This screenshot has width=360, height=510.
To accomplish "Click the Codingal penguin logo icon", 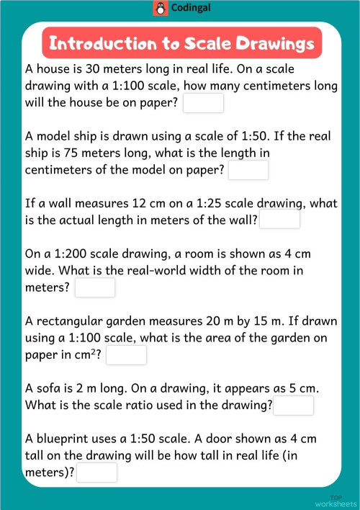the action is coord(160,9).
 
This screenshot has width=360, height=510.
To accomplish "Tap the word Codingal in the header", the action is coord(186,9).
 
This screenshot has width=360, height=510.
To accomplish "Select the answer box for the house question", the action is coord(204,103).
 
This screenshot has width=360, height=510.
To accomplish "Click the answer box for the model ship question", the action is coord(248,170).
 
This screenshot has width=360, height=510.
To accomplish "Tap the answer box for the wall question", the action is coord(279,219).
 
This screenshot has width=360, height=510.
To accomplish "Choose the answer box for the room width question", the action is coord(95,287).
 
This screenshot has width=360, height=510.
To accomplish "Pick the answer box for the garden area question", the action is coord(127,355).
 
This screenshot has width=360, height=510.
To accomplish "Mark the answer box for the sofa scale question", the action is coord(294,406).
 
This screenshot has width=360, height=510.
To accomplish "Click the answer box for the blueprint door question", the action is coord(96,473).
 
